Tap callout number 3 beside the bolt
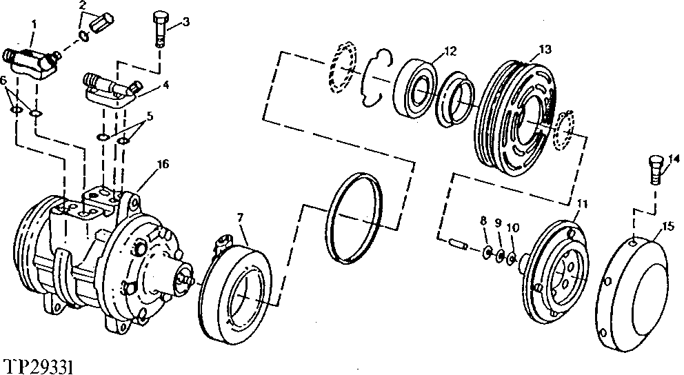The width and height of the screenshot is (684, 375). pyautogui.click(x=185, y=23)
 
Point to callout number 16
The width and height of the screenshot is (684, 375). pyautogui.click(x=163, y=163)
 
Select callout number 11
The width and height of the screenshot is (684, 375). pyautogui.click(x=582, y=204)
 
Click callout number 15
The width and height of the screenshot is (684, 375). pyautogui.click(x=666, y=225)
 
